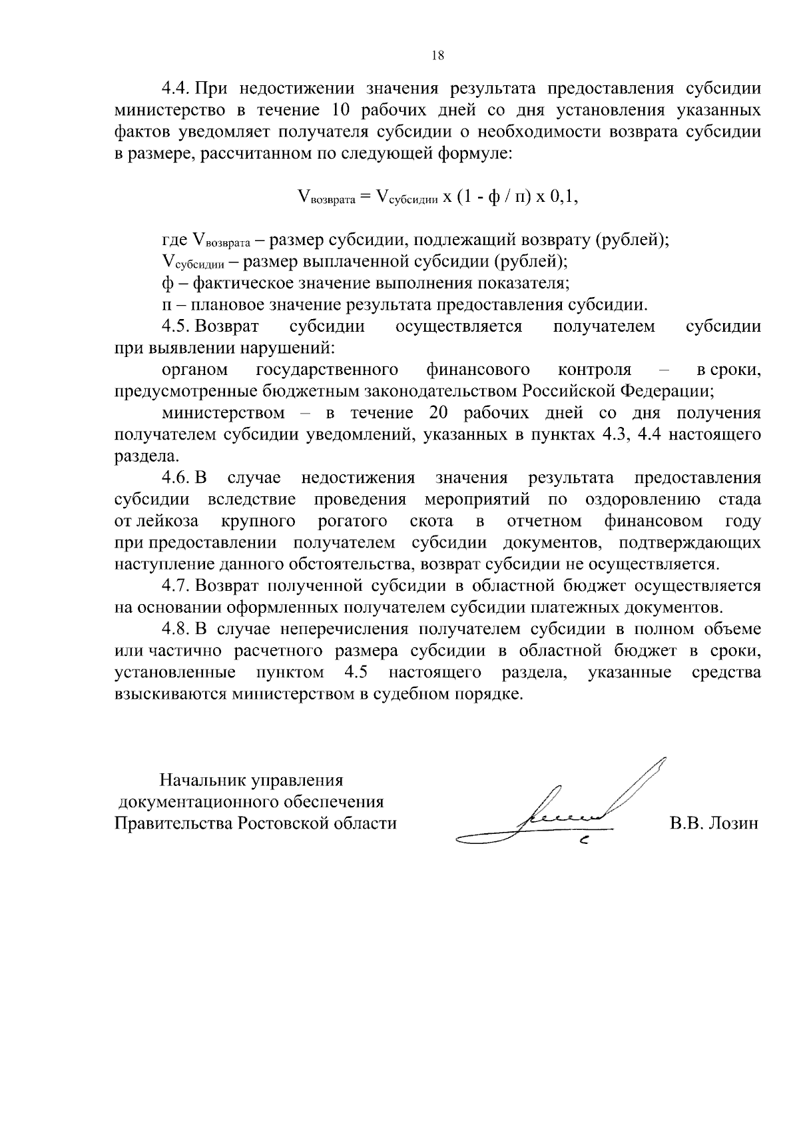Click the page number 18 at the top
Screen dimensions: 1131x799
tap(437, 56)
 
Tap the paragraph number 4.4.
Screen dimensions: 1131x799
tap(177, 89)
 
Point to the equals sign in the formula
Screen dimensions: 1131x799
tap(364, 198)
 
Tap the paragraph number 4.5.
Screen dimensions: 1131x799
tap(177, 326)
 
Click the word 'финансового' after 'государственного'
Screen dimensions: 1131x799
tap(478, 370)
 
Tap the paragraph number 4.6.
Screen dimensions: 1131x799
tap(177, 478)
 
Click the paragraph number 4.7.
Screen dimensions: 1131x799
tap(177, 585)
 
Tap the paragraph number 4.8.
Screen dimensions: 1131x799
tap(177, 629)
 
